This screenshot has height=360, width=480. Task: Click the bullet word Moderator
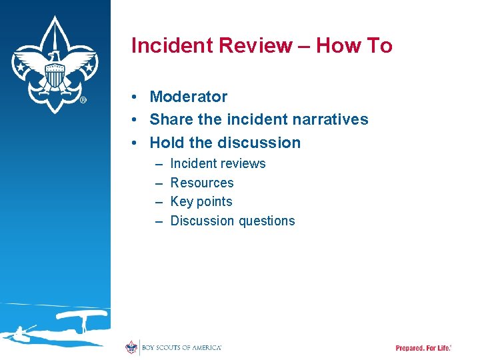pos(188,97)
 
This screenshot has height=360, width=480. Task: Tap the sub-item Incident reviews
pos(217,163)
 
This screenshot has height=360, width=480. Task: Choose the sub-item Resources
pos(202,183)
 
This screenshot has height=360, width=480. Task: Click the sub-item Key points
pos(201,201)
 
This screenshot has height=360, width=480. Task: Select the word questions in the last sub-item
pos(267,221)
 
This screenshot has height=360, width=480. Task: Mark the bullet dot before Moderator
pos(135,97)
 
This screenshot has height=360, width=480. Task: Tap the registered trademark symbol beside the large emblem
pos(83,100)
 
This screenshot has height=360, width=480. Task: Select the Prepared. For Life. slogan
pos(423,348)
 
